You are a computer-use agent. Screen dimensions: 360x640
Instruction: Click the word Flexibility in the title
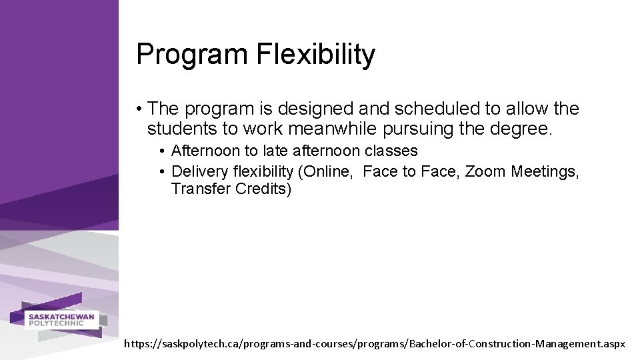pos(315,55)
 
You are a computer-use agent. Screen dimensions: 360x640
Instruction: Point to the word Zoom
pos(486,171)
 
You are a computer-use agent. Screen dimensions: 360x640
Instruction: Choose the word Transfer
pos(201,189)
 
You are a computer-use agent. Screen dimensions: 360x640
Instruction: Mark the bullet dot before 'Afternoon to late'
pos(163,151)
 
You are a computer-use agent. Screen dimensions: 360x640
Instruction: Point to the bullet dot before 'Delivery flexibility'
pos(163,171)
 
